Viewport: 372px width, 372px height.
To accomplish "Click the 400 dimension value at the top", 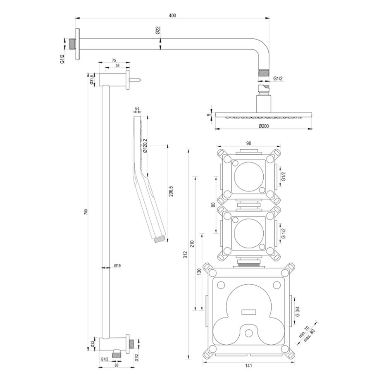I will click(172, 16).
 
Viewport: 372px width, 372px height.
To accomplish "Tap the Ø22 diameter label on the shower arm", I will click(157, 31).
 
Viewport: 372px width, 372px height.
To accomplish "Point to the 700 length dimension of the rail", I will click(86, 212).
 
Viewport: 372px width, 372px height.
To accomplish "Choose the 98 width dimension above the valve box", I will click(249, 143).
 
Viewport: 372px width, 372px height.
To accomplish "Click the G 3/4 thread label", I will click(298, 309).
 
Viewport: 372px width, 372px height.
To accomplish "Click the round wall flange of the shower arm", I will click(77, 45).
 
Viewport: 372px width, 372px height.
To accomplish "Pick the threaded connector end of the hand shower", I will click(159, 238).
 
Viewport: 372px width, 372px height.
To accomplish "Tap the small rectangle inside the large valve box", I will click(248, 310).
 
